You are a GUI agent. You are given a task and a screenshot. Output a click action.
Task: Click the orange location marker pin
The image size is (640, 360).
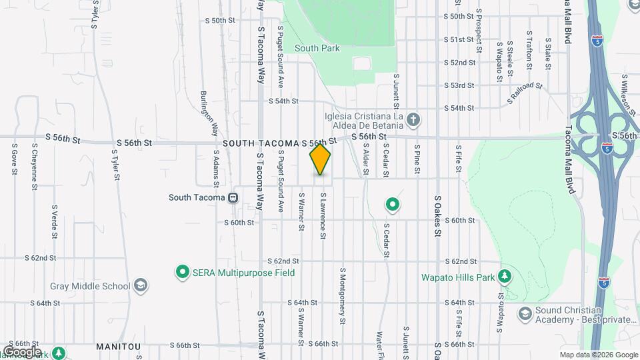tap(320, 159)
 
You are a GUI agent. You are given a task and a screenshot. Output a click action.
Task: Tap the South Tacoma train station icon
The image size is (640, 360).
tap(233, 197)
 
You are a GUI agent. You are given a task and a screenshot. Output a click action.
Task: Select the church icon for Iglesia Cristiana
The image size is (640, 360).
tap(413, 120)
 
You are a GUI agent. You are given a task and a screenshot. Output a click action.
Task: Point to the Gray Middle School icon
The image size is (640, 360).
tap(140, 286)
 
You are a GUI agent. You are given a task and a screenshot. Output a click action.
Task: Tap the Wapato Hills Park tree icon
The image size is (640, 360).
tap(505, 276)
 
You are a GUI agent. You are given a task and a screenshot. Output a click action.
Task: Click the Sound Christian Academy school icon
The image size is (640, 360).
tap(525, 313)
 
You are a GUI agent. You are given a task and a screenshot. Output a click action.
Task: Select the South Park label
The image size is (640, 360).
tap(317, 48)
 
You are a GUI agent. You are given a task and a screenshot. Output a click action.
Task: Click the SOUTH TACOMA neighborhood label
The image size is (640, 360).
tap(261, 143)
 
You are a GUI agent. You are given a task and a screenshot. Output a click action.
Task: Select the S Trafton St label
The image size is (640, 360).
tap(528, 48)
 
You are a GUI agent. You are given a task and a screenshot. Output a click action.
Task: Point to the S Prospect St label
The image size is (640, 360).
tap(479, 31)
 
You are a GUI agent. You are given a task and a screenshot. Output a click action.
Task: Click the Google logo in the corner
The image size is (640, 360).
tap(21, 352)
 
